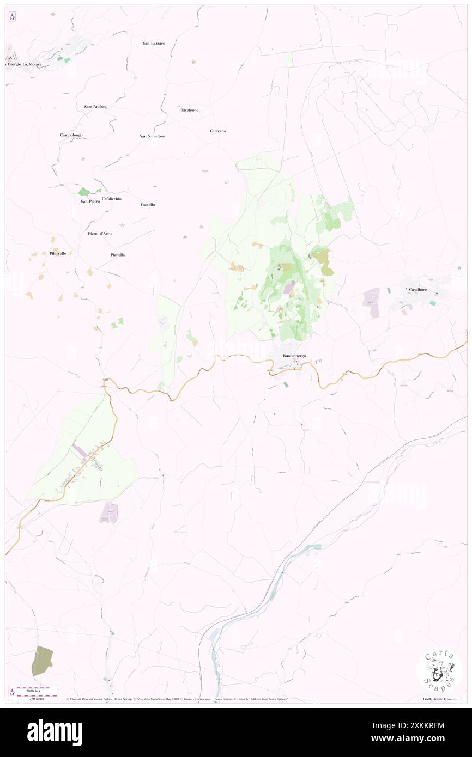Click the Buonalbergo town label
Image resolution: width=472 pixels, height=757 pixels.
[294, 356]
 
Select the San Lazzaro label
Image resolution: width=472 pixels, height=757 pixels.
[154, 43]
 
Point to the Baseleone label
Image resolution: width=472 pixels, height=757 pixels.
[189, 110]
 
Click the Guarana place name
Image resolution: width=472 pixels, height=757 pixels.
[218, 131]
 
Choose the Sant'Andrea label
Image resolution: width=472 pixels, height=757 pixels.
[95, 107]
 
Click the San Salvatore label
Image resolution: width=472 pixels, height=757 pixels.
[152, 136]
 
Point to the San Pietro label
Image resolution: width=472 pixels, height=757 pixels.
[90, 202]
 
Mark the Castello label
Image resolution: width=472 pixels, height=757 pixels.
[148, 205]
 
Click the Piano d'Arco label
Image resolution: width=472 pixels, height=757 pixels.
[100, 234]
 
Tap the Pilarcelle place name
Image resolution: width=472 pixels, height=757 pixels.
[58, 254]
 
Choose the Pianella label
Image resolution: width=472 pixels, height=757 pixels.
[118, 254]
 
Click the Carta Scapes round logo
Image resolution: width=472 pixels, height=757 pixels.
[439, 671]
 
